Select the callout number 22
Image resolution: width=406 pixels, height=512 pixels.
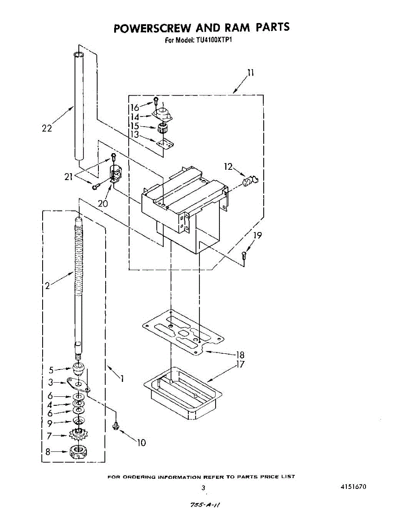pos(47,128)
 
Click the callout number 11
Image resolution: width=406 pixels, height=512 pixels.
pos(251,73)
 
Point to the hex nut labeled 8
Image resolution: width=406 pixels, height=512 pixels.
pos(78,451)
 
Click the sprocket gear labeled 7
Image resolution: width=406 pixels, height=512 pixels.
pos(78,436)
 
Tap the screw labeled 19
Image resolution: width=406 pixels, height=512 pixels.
pos(244,257)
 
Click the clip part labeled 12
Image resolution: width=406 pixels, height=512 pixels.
pos(249,181)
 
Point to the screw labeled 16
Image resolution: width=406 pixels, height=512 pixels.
pos(156,101)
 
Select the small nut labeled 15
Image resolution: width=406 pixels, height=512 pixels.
pos(161,127)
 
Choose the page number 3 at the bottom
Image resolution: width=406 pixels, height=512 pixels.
pos(203,488)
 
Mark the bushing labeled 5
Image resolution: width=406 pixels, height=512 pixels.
pos(78,368)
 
